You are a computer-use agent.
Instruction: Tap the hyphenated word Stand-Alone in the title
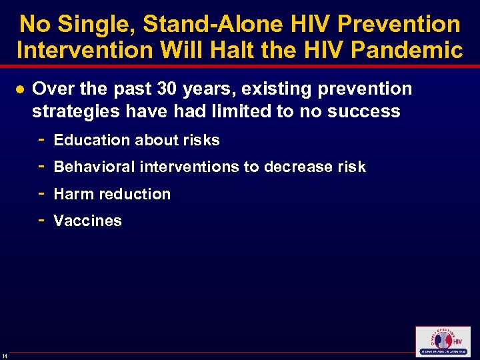pos(207,25)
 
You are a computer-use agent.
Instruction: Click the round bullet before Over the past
pos(20,89)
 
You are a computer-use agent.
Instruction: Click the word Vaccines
pos(87,221)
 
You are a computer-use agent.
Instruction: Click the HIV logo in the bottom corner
pos(442,342)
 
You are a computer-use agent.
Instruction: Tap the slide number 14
pos(5,353)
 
